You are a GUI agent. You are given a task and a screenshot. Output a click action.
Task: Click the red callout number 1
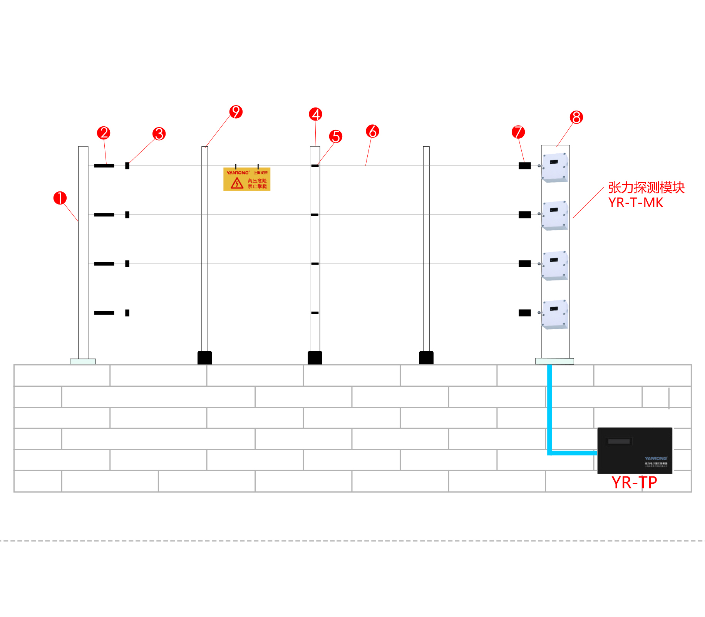click(x=60, y=198)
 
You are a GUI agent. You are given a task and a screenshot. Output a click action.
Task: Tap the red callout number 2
click(x=104, y=133)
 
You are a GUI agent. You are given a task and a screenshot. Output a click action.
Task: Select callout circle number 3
click(x=159, y=134)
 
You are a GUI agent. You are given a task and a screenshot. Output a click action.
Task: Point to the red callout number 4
click(x=316, y=114)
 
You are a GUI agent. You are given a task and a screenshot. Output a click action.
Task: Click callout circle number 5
click(x=336, y=136)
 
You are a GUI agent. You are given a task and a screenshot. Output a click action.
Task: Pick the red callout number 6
click(x=372, y=131)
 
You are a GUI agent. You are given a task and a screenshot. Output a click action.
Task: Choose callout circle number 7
click(x=518, y=132)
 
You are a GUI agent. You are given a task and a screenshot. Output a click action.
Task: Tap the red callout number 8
click(x=576, y=117)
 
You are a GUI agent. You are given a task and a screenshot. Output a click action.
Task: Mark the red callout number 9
click(x=236, y=112)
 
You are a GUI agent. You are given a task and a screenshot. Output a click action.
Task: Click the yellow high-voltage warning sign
click(x=247, y=179)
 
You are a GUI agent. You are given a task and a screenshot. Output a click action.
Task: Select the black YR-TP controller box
click(x=635, y=450)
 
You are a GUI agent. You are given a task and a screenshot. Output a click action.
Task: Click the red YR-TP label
click(x=634, y=483)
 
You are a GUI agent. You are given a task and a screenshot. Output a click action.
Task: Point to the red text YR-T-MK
click(x=636, y=203)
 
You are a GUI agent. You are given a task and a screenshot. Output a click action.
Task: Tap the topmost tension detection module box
click(x=555, y=168)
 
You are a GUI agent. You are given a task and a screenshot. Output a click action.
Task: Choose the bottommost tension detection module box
click(x=555, y=314)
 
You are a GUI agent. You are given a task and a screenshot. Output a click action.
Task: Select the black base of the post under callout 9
click(x=204, y=357)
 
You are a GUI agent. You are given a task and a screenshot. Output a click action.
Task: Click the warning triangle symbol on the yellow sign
click(x=237, y=183)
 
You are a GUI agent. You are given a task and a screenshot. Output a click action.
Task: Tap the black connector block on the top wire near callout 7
click(x=524, y=166)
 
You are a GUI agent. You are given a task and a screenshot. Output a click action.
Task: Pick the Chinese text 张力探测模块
click(x=646, y=188)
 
